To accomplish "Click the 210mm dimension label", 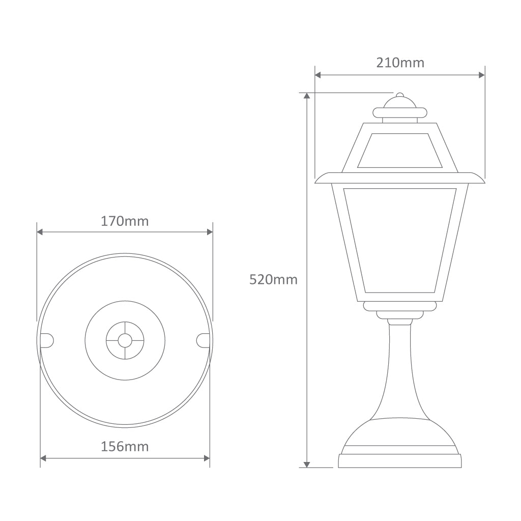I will (x=400, y=63).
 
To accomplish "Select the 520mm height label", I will (x=273, y=279).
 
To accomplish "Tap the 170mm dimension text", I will (x=125, y=221).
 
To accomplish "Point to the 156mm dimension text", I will (x=125, y=446).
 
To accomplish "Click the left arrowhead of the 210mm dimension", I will (x=318, y=75).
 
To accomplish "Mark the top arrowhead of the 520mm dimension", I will (x=307, y=96).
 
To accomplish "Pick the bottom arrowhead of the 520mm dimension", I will (x=307, y=464).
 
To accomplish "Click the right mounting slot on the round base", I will (x=202, y=339).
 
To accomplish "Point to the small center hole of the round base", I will (x=125, y=339).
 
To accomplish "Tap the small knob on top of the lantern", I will (x=400, y=96).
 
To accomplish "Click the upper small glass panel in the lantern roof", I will (x=400, y=151).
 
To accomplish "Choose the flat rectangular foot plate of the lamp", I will (x=400, y=461).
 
